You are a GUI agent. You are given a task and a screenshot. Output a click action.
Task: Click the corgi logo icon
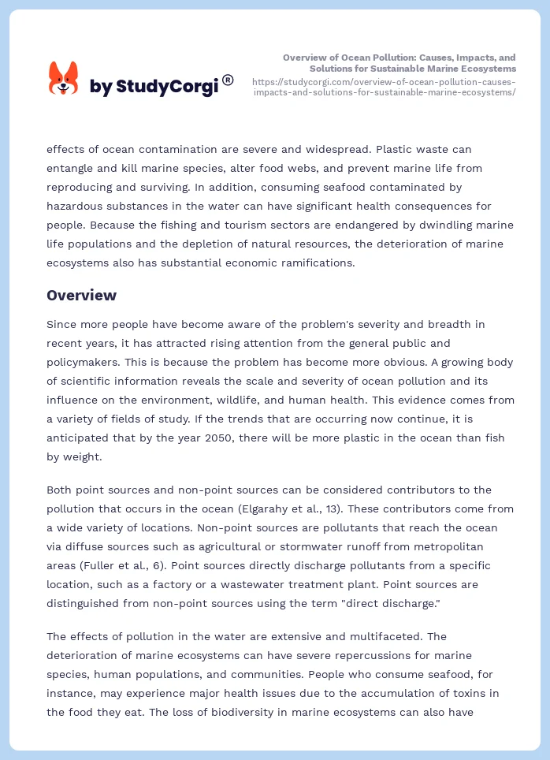64,79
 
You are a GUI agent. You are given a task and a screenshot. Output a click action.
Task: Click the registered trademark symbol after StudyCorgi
228,80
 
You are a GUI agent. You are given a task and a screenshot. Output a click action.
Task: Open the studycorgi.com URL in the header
384,87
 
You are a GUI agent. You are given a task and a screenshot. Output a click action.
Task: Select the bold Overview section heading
81,296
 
